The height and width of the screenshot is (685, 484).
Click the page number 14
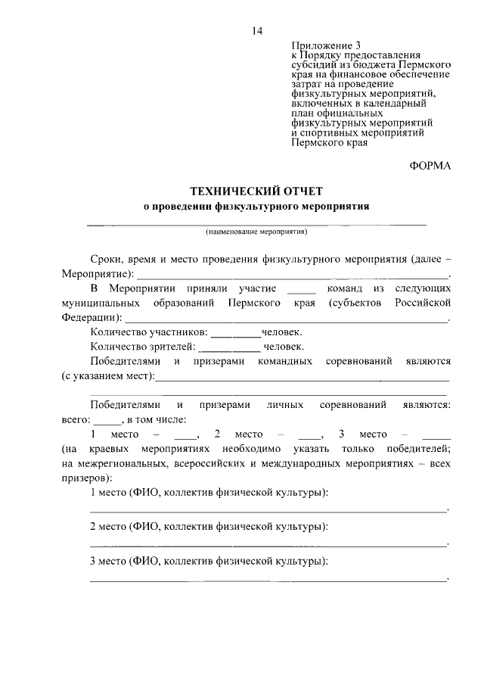point(257,31)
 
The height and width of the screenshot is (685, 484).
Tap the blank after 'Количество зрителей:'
point(230,349)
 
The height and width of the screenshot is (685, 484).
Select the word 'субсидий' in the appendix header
point(312,66)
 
